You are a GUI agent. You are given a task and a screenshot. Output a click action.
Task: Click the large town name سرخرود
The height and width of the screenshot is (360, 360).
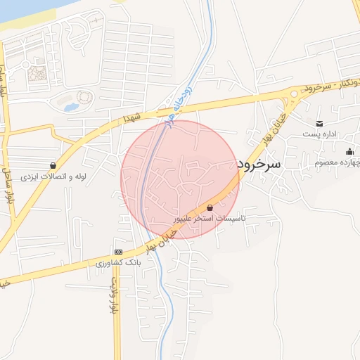click(x=259, y=164)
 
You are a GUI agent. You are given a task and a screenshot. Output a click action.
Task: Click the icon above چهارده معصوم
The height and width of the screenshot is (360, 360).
click(x=349, y=151)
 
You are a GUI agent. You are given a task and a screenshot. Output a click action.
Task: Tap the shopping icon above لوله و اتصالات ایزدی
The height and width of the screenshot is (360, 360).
click(x=53, y=165)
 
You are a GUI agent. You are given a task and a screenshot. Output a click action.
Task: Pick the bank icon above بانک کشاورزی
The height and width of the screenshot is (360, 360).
click(x=118, y=252)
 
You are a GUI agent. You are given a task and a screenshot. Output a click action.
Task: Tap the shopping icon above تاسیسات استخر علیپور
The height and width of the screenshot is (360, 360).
click(x=211, y=207)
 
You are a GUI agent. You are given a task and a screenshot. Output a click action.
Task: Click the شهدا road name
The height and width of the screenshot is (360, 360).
click(x=133, y=117)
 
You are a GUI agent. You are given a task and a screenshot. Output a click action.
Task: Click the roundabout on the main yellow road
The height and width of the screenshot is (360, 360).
click(x=292, y=94)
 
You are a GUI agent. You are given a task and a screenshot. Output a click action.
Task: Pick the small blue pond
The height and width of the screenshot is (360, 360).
click(x=71, y=108)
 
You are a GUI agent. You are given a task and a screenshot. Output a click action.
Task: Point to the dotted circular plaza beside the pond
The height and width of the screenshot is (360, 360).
click(x=84, y=96)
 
